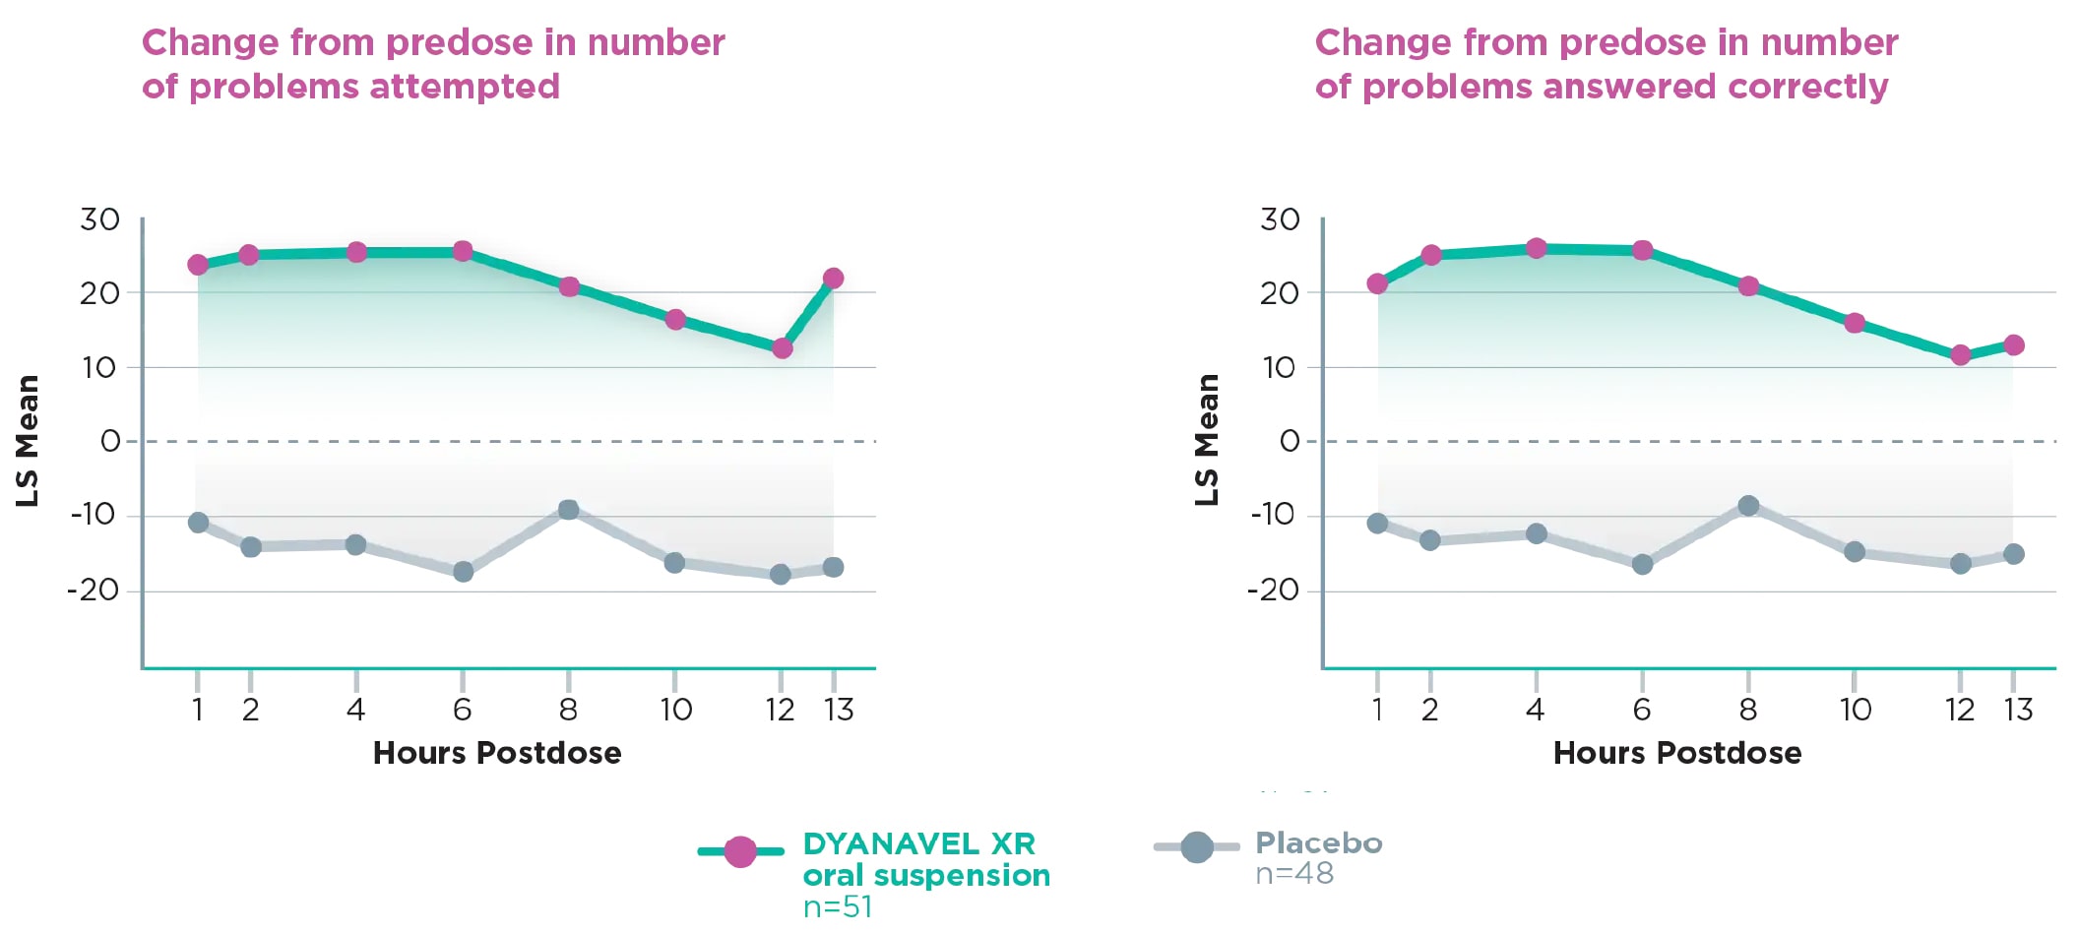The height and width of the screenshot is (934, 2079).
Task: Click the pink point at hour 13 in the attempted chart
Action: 833,279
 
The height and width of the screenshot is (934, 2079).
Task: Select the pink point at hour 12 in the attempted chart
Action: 782,348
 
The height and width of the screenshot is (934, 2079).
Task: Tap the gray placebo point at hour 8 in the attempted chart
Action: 568,510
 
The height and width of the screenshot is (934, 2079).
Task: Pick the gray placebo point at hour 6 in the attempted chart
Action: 463,572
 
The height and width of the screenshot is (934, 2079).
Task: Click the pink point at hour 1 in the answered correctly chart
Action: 1377,283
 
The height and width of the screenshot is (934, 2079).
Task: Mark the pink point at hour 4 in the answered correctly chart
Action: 1536,248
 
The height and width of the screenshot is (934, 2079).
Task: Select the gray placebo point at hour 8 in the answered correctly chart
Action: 1748,506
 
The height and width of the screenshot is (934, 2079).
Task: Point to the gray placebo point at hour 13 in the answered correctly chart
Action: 2014,554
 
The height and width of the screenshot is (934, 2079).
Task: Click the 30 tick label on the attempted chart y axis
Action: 99,219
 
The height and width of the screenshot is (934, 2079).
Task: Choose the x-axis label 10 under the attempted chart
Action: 675,710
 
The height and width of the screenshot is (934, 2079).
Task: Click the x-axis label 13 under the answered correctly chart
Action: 2018,710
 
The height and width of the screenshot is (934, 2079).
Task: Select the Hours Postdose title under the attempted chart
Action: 497,753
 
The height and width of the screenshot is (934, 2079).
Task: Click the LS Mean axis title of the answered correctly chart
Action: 1207,440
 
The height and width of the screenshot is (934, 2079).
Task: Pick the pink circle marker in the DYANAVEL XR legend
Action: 740,851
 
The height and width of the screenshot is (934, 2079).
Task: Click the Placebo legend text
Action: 1318,843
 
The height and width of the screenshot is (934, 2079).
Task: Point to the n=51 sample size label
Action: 838,906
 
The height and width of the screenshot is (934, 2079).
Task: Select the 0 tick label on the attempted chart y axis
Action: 110,441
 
